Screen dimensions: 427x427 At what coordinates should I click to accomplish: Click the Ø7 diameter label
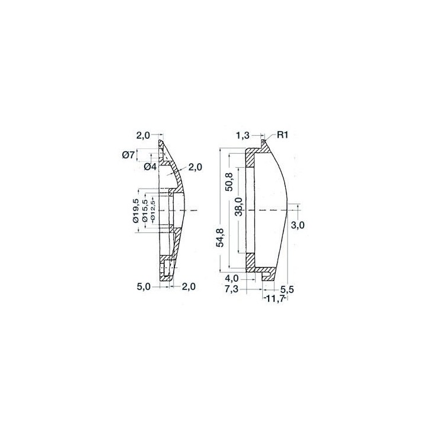pos(128,155)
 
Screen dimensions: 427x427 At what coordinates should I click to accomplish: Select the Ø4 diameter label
pos(150,167)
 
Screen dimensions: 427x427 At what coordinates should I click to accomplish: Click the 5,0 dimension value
pos(144,287)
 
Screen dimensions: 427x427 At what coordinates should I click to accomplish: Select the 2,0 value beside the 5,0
pos(189,287)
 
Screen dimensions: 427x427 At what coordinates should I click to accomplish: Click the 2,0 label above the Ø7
pos(144,135)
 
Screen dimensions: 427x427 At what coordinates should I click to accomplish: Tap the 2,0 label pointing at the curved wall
pos(195,167)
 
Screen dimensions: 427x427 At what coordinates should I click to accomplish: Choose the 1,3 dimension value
pos(243,135)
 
